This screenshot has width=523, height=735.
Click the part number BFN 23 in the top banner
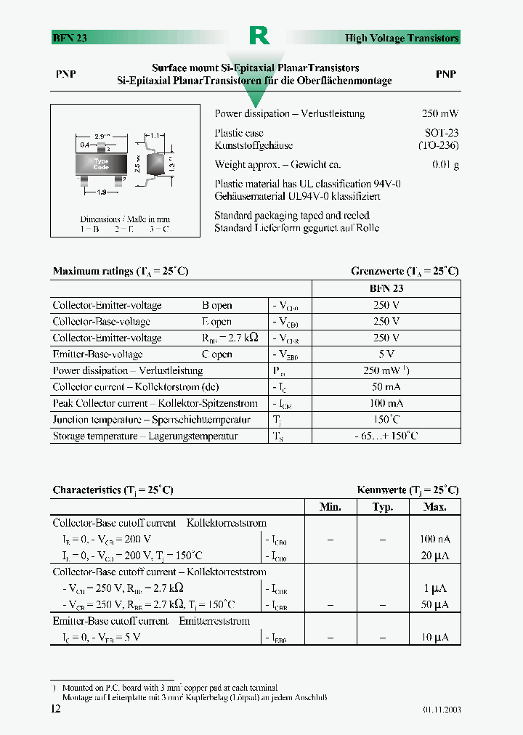(x=70, y=38)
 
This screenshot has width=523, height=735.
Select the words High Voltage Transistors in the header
(x=402, y=38)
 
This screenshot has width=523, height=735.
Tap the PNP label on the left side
(x=66, y=75)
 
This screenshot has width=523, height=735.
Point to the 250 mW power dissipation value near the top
(x=440, y=114)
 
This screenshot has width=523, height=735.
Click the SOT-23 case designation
(x=442, y=133)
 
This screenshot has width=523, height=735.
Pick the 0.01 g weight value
(x=445, y=165)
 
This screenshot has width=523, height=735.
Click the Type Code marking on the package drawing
(x=101, y=163)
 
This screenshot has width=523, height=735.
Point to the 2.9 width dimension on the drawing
(x=102, y=137)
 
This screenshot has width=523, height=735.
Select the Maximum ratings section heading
(x=121, y=271)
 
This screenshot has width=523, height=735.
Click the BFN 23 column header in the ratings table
(x=386, y=288)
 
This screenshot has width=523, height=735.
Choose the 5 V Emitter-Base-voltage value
(x=386, y=354)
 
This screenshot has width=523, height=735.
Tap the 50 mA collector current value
(x=386, y=386)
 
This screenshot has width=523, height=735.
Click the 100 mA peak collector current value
(x=386, y=403)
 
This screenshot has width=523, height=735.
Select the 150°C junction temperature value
(x=386, y=419)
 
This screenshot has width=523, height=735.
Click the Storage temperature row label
(x=145, y=436)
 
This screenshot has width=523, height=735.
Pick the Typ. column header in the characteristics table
(x=382, y=507)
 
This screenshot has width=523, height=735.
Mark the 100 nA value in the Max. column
(x=434, y=539)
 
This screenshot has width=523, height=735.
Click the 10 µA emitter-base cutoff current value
(x=434, y=637)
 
